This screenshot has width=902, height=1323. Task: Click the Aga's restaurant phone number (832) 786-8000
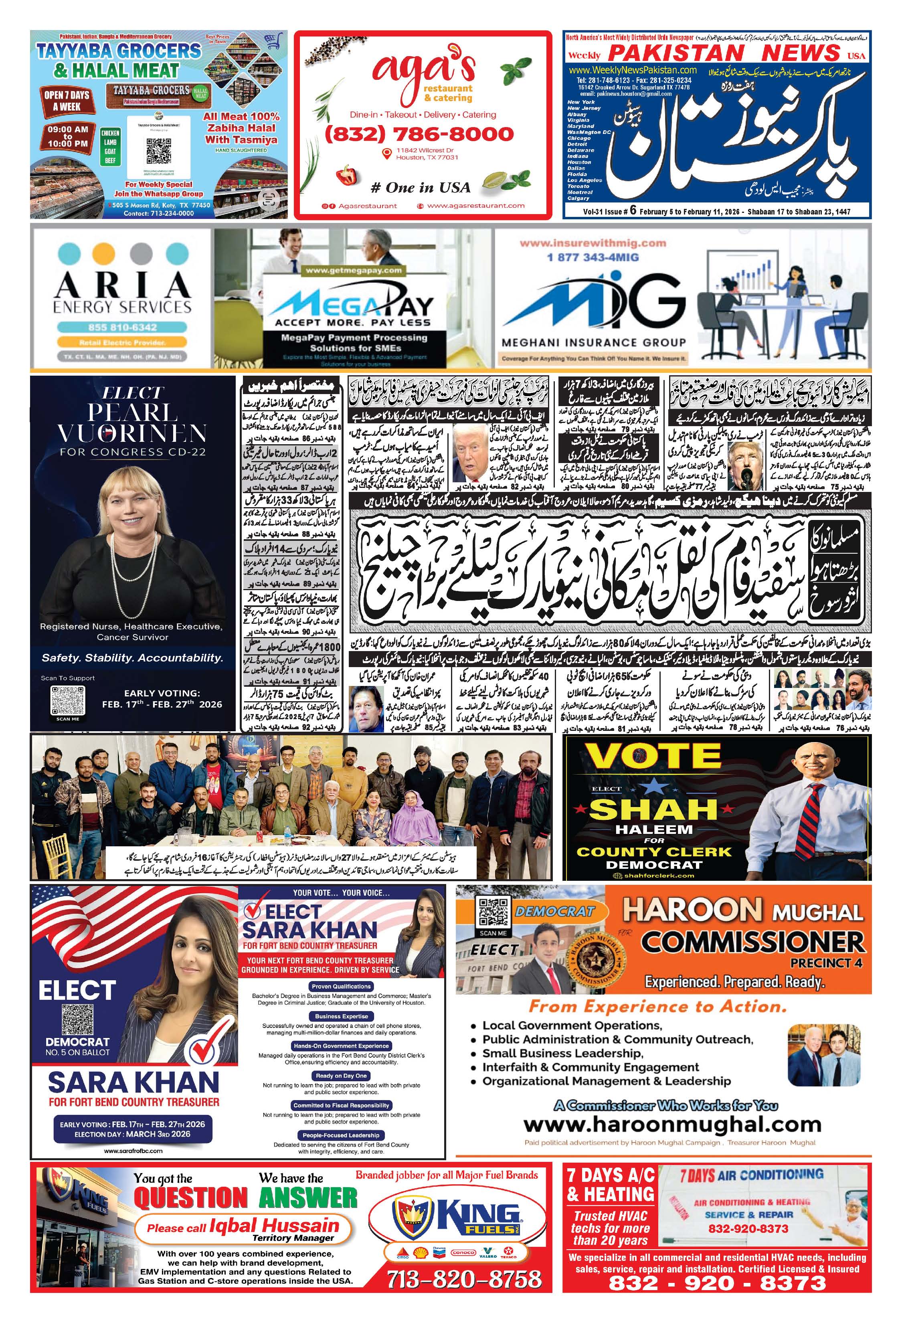[419, 134]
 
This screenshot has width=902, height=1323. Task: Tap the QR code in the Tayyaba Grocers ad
[158, 150]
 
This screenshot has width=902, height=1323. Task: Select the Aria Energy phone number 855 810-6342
[122, 327]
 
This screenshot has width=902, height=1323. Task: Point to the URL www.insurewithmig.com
[593, 243]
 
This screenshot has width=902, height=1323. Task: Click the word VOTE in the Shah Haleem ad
[653, 757]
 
